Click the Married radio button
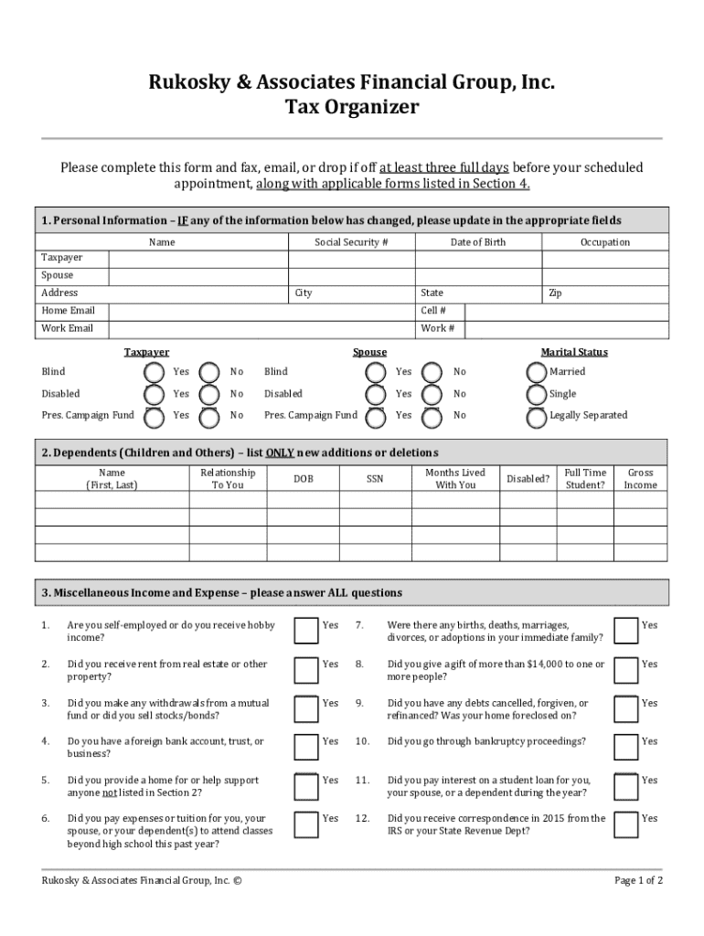(537, 372)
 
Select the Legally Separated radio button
(537, 417)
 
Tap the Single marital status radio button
(537, 395)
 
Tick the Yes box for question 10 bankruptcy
(625, 746)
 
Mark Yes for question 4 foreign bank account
(305, 746)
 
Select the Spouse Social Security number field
(351, 275)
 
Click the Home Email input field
(261, 311)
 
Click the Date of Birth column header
(477, 242)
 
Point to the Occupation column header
(604, 242)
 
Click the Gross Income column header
(640, 479)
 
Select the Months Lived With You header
(455, 479)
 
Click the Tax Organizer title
(352, 108)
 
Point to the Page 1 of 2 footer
(638, 880)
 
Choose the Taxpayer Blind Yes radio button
(154, 372)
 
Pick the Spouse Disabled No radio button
(433, 395)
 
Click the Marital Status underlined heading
(574, 352)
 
